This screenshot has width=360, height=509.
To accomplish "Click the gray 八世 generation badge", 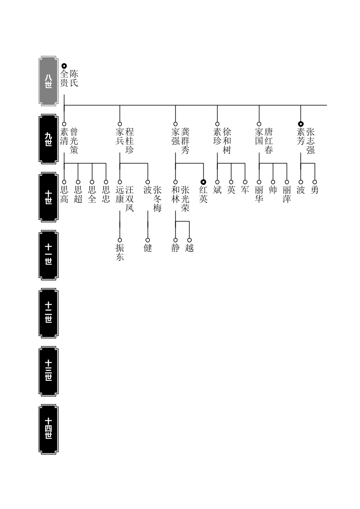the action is (x=48, y=81).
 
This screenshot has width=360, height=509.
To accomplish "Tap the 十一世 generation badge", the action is (x=48, y=255).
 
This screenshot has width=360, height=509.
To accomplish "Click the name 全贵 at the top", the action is (x=64, y=78).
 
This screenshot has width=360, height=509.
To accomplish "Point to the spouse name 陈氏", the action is (x=74, y=78).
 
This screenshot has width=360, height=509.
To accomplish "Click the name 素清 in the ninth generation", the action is (x=64, y=136).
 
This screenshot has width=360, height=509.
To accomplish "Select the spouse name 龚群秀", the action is (x=185, y=141).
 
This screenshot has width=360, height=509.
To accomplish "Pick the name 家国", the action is (x=259, y=136).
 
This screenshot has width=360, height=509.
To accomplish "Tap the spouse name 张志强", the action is (x=311, y=141).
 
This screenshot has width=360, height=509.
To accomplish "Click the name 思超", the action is (x=78, y=194).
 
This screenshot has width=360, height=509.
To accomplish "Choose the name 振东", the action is (x=120, y=252).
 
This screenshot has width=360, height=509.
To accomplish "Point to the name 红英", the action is (x=203, y=194).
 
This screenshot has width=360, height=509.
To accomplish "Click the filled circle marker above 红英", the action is (x=203, y=182).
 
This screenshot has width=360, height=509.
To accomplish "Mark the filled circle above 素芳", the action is (x=301, y=124).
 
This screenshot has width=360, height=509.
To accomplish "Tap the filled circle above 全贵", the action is (x=64, y=66).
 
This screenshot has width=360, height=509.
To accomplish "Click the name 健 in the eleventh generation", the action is (x=148, y=248).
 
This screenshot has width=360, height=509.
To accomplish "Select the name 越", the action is (x=189, y=248).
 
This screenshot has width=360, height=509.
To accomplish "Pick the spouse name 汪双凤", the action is (x=130, y=199).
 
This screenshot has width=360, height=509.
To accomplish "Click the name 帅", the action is (x=273, y=190).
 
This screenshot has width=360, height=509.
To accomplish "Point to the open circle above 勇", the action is (x=315, y=182).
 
